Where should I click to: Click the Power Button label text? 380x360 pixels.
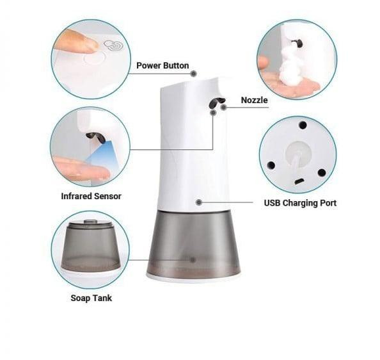(162, 65)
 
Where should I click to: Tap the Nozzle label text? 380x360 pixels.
(254, 100)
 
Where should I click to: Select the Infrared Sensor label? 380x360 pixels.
(91, 196)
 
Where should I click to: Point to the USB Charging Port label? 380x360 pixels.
(300, 203)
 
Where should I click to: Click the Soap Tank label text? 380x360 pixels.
(91, 298)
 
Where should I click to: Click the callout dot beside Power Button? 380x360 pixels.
(193, 74)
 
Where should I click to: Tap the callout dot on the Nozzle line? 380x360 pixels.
(224, 107)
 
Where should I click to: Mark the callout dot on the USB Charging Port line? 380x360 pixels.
(199, 202)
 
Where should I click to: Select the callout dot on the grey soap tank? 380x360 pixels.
(193, 260)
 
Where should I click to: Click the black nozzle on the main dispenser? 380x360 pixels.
(216, 102)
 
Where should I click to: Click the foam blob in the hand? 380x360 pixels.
(289, 65)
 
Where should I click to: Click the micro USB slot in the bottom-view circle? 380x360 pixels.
(299, 181)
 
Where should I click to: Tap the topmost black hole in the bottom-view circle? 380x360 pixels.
(303, 125)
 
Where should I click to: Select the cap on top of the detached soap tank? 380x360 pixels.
(90, 221)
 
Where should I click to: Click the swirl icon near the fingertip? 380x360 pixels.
(113, 45)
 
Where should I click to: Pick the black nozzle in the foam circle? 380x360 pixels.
(298, 43)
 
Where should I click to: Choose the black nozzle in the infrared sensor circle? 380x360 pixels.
(95, 138)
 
